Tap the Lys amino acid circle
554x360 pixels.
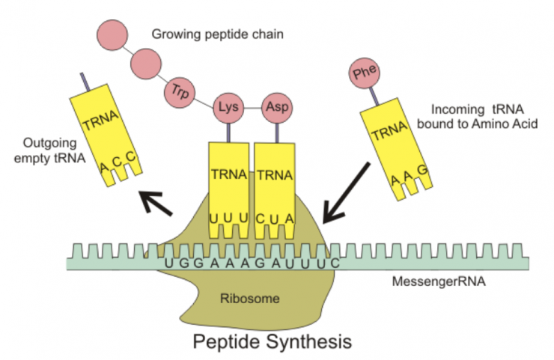pos(229,106)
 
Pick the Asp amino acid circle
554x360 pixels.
pos(276,106)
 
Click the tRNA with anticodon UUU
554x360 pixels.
pos(229,187)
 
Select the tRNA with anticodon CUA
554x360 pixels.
pos(276,187)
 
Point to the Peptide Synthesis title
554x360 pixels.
pos(271,342)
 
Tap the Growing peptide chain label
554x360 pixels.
pos(200,34)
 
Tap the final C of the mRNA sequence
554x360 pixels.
pos(336,263)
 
